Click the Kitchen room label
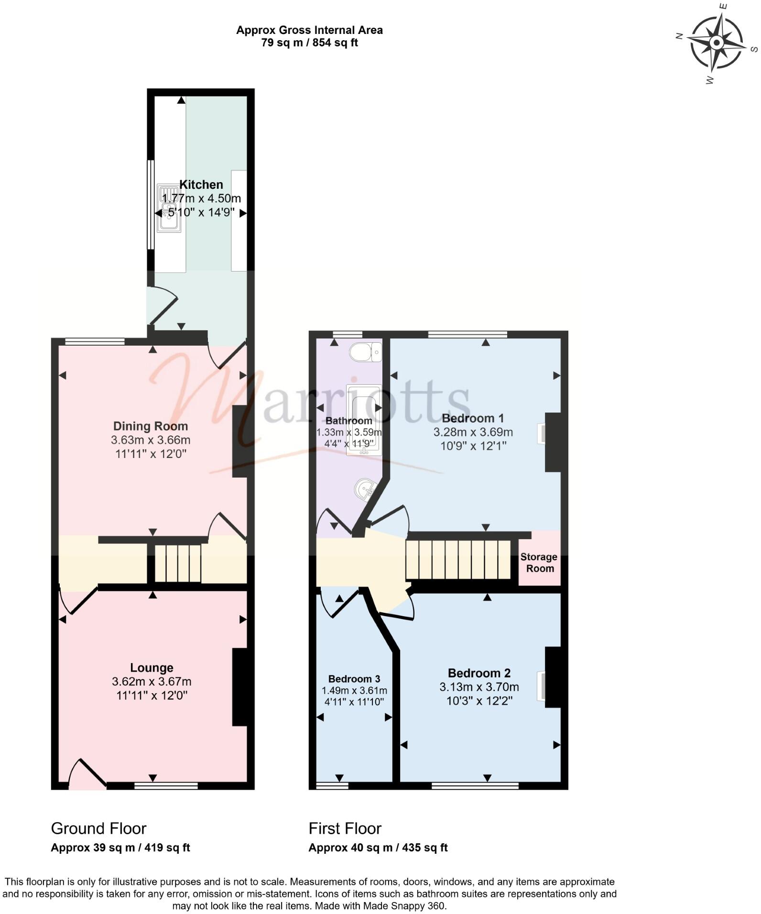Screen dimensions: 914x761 [x=201, y=185]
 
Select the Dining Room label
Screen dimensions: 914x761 [x=150, y=426]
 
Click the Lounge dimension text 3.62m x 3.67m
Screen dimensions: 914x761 [x=152, y=681]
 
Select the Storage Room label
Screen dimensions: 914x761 [x=539, y=563]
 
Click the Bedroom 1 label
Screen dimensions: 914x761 [x=473, y=418]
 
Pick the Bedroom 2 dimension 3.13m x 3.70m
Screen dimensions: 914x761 [x=479, y=687]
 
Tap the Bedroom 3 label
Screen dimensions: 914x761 [x=354, y=679]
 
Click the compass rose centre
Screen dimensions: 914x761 [x=716, y=43]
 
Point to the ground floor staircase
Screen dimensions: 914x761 [x=177, y=563]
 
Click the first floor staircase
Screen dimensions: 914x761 [x=458, y=559]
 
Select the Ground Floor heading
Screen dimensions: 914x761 [x=98, y=828]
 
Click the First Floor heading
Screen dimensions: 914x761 [x=345, y=828]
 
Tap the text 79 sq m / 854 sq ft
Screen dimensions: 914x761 [x=309, y=43]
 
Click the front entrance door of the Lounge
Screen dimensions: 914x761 [x=86, y=774]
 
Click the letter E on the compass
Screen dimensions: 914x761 [x=724, y=6]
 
